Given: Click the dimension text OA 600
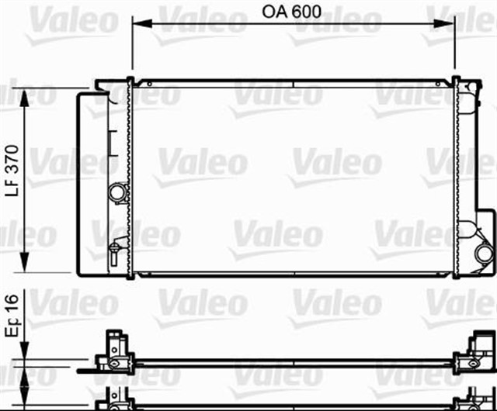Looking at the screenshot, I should pyautogui.click(x=293, y=13).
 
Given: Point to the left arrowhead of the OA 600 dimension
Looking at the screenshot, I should pyautogui.click(x=138, y=23).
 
